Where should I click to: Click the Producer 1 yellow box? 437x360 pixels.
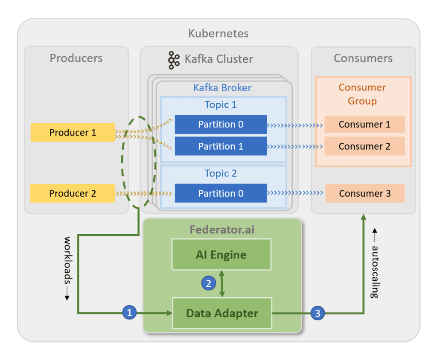coord(73,132)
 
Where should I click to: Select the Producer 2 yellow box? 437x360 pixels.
coord(73,193)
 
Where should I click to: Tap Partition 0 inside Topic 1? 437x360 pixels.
coord(221,124)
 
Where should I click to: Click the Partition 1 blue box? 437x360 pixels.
coord(221,146)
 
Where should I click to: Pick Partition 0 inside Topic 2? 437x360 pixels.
coord(221,193)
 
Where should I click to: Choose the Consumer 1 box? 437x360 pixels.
coord(364,124)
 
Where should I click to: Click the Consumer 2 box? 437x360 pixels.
coord(364,146)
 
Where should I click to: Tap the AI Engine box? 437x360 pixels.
coord(221,255)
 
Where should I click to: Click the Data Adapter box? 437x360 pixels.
coord(222,313)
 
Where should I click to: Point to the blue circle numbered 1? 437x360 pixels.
coord(129,313)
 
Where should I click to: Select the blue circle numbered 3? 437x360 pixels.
coord(317,313)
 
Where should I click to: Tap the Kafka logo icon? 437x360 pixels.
coord(174,60)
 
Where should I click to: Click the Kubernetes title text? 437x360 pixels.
coord(218,33)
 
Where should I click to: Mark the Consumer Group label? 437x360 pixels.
coord(362,94)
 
